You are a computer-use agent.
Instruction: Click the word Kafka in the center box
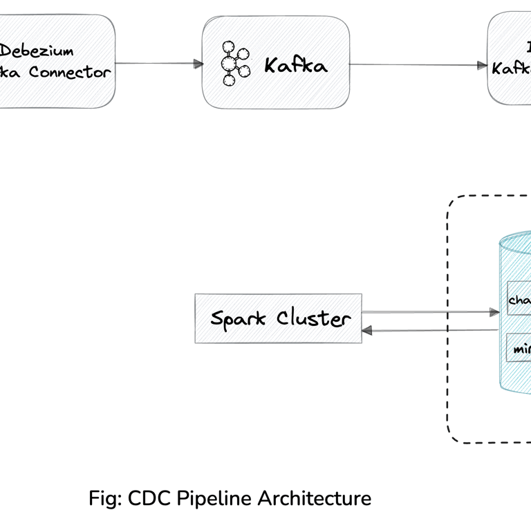[295, 66]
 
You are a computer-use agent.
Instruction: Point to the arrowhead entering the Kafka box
[198, 64]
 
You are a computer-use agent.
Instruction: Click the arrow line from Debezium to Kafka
[156, 64]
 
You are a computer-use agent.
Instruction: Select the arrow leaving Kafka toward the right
[415, 66]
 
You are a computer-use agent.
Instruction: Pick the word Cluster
[313, 318]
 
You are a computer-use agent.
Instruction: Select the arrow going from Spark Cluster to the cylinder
[429, 312]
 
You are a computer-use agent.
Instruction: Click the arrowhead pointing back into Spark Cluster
[366, 331]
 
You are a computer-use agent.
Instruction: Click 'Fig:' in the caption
[105, 498]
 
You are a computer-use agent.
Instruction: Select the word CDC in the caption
[149, 498]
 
